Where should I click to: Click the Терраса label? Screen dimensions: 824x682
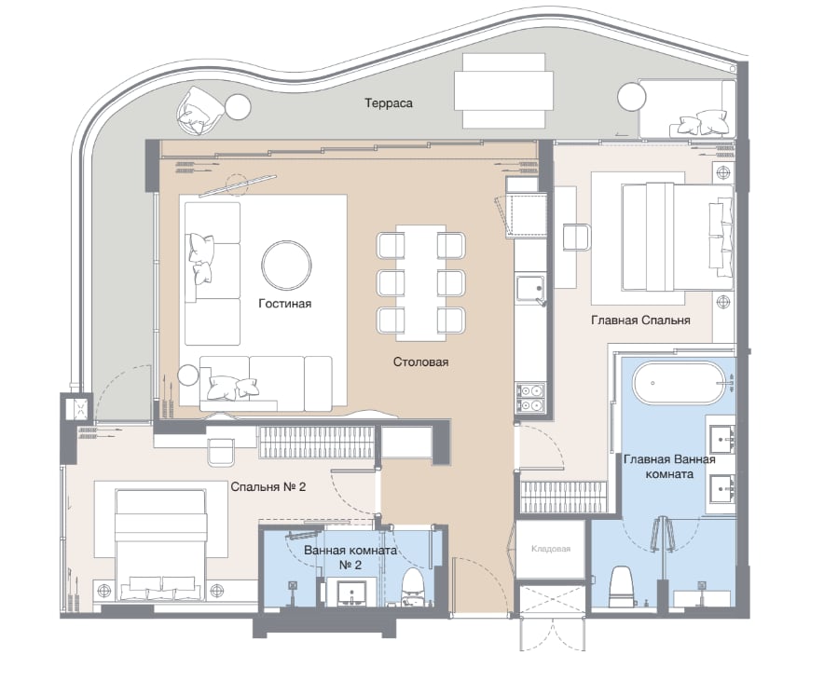coord(389,103)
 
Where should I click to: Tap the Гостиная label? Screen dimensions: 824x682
coord(285,303)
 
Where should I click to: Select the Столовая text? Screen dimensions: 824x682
coord(420,362)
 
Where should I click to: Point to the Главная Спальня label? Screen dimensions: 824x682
coord(640,320)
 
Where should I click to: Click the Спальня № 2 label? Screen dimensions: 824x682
coord(268,486)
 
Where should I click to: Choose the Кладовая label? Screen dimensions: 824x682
coord(550,549)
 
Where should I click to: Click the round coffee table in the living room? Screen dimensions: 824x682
coord(286,266)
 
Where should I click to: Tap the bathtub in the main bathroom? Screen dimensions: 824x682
coord(678,383)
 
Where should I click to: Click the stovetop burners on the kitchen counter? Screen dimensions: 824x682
coord(530,398)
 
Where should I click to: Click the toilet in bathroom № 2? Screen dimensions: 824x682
coord(414,587)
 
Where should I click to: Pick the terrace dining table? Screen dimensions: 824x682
coord(503,91)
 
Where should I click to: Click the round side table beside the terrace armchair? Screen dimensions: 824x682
coord(238,107)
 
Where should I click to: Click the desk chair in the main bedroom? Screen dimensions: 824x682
coord(576,237)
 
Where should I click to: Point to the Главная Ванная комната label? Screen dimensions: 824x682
coord(669,467)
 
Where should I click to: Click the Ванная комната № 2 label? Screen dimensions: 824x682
coord(350,557)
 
